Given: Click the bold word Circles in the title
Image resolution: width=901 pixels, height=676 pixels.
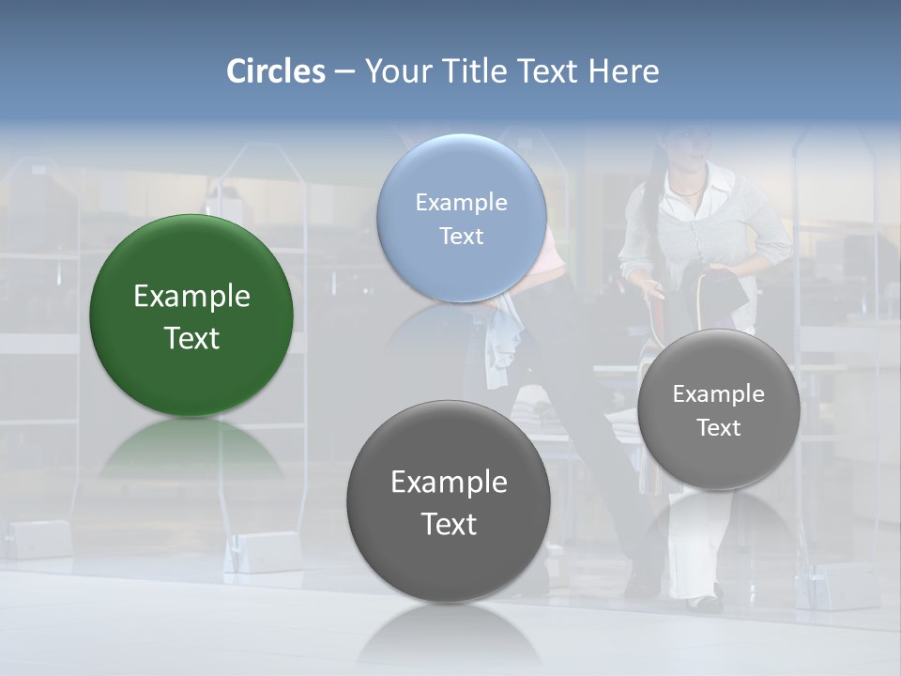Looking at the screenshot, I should [x=276, y=71].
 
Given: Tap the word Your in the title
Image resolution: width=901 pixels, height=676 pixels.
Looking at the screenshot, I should [x=394, y=71].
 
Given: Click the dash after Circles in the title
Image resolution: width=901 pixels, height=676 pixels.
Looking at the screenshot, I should [x=344, y=72].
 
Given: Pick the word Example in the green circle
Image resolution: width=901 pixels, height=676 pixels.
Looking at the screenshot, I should [x=191, y=297].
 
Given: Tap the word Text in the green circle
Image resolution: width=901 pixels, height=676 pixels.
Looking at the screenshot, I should [x=191, y=339].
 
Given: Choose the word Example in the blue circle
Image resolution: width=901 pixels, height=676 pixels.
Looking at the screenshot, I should [x=461, y=203].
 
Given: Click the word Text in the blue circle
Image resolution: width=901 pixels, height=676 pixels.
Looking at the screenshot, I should [x=461, y=237].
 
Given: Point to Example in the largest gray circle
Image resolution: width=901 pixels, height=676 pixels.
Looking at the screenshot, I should [x=449, y=483].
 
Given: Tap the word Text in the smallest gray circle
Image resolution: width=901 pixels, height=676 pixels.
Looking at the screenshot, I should [x=719, y=428].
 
